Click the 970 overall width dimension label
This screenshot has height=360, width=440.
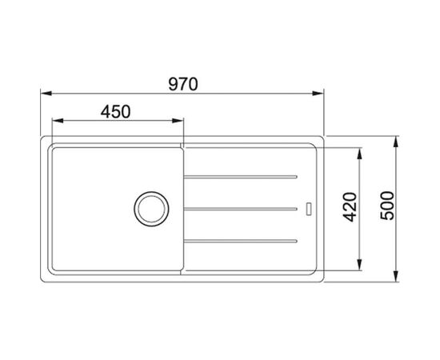(183, 84)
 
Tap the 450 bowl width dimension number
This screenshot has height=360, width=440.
(116, 112)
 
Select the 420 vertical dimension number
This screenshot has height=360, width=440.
(350, 207)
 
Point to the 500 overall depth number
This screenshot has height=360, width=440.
(387, 206)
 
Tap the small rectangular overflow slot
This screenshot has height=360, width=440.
(309, 209)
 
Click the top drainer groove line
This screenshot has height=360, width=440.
(240, 177)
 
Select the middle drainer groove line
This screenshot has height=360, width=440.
(240, 209)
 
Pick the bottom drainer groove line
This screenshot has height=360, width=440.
(240, 241)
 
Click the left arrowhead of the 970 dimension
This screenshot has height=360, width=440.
(46, 93)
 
